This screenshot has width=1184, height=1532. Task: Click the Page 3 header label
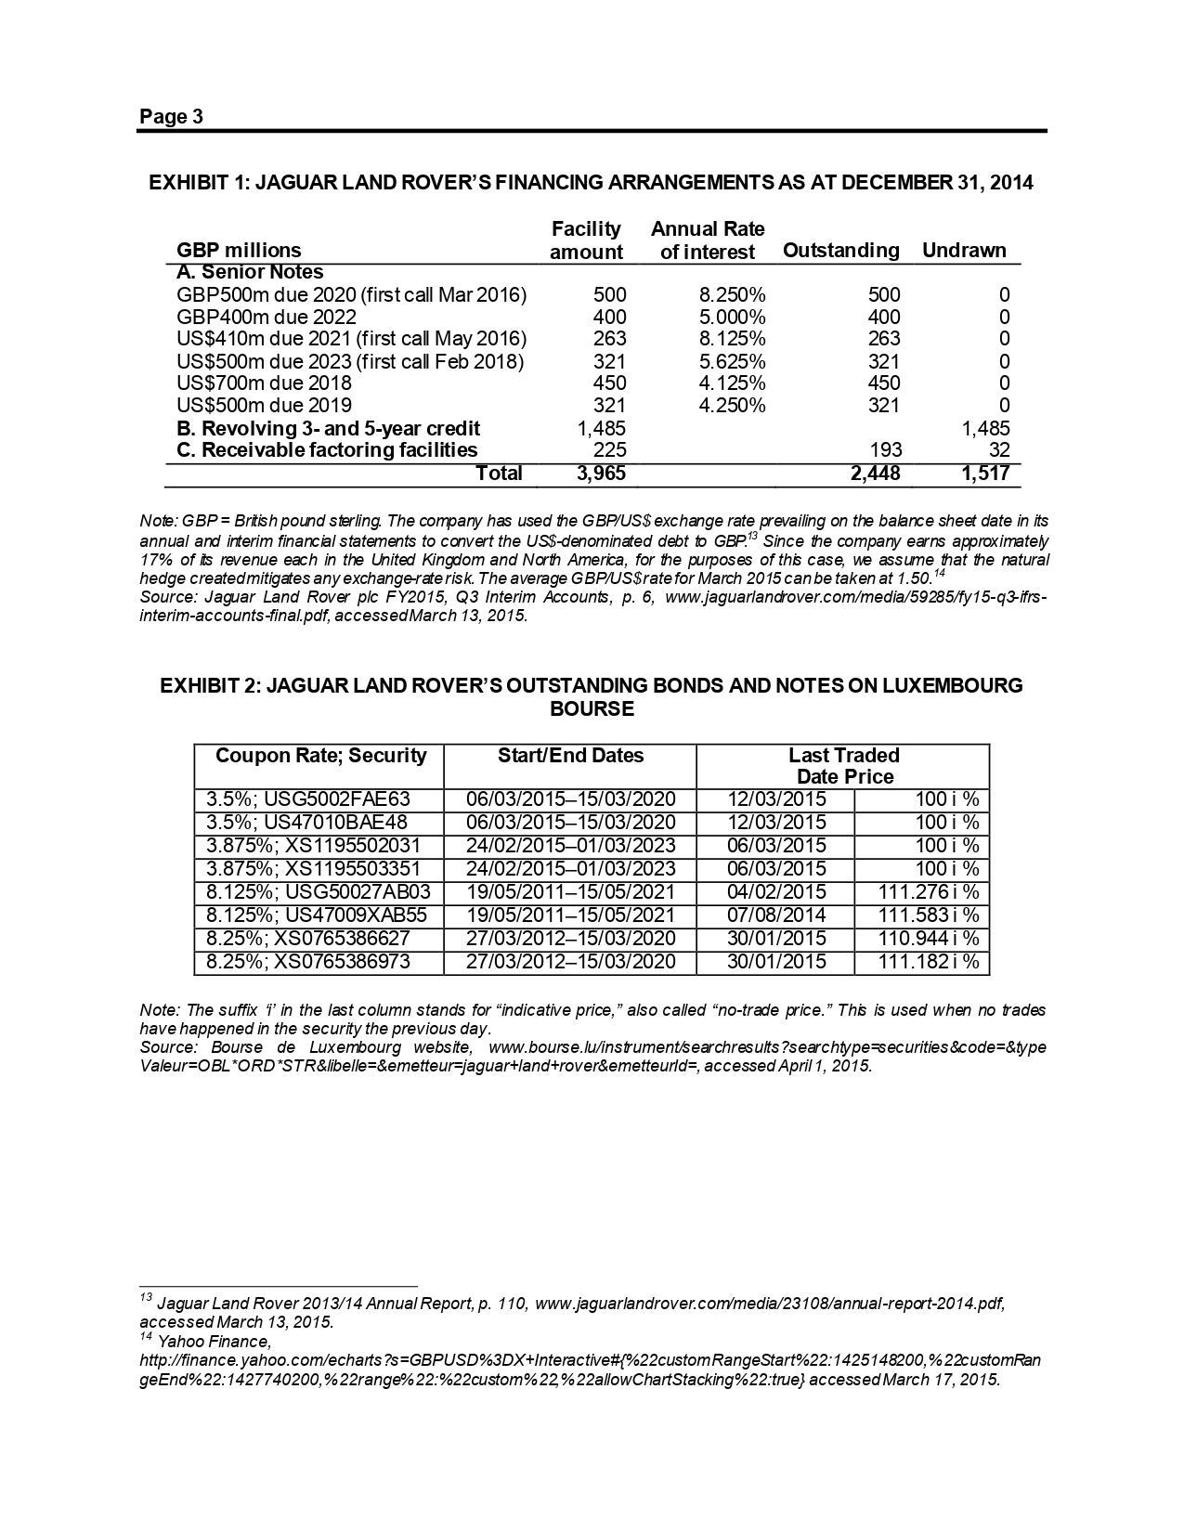pos(171,117)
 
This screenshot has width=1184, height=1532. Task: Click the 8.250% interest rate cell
pos(732,295)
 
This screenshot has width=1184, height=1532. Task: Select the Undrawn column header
pos(964,251)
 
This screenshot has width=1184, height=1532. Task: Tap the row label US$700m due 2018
pos(264,383)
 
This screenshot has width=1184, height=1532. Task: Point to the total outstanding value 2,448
pos(874,474)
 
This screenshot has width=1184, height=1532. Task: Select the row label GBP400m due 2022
pos(266,318)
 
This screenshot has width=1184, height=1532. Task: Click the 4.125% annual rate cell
pos(732,383)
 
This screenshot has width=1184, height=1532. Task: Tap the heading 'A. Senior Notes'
pos(250,273)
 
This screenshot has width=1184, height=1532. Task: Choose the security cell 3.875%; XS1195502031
pos(313,846)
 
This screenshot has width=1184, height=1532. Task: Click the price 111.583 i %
pos(928,915)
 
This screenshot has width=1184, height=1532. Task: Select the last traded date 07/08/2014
pos(776,915)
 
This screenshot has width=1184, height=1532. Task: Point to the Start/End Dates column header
pos(570,756)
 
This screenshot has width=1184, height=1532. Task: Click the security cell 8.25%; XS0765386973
pos(307,962)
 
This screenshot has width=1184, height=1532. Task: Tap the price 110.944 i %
pos(928,939)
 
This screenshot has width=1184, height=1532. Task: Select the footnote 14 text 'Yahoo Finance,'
pos(214,1342)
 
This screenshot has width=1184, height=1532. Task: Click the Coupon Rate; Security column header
pos(320,756)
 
